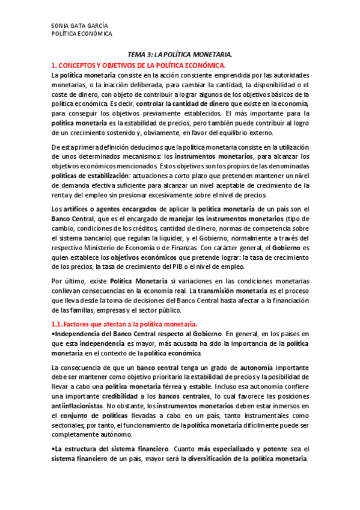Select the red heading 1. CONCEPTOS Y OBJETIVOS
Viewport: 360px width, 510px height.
click(138, 64)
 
